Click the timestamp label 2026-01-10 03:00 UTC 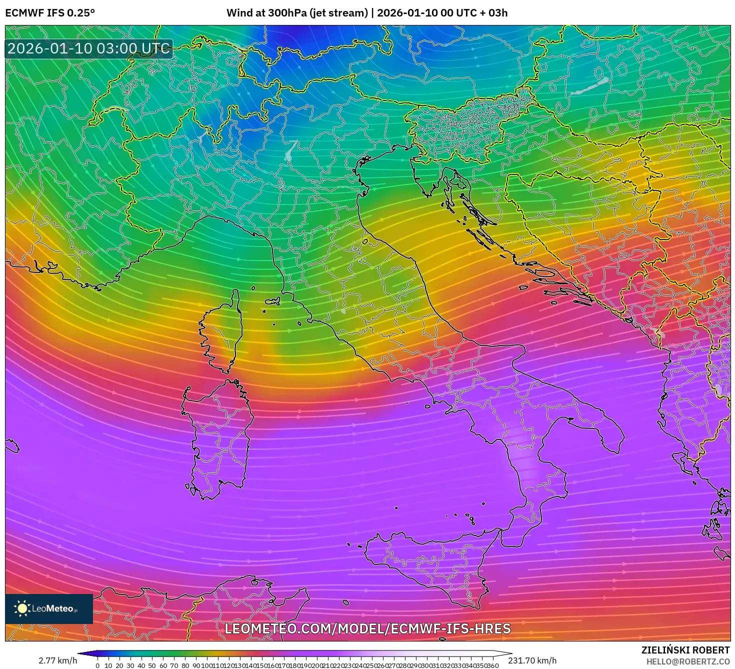tap(89, 48)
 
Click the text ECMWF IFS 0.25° tap(49, 12)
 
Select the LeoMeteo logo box tap(49, 608)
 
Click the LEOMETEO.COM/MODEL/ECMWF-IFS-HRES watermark tap(367, 628)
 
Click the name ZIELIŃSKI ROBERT tap(685, 650)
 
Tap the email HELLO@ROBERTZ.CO tap(688, 661)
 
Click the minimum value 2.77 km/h tap(57, 660)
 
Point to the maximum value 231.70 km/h tap(532, 660)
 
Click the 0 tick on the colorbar tap(97, 665)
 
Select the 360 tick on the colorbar tap(493, 665)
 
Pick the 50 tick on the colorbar tap(152, 665)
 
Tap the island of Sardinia tap(217, 440)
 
